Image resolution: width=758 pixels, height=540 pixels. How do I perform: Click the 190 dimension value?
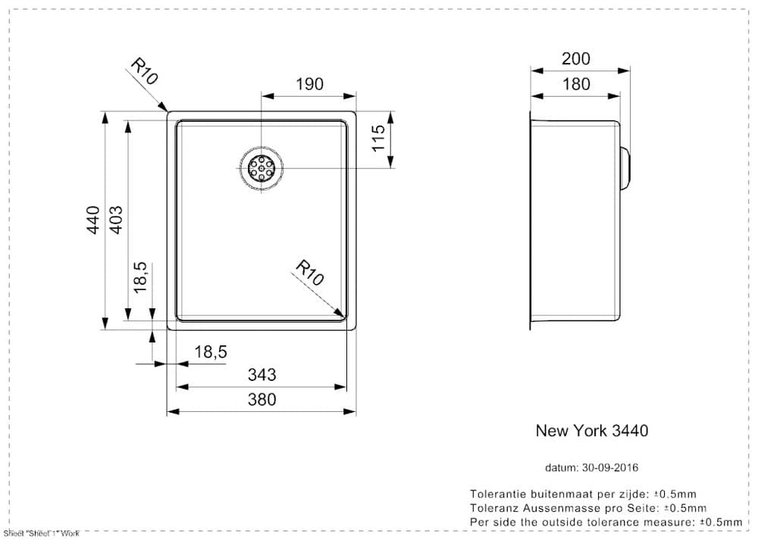coord(309,84)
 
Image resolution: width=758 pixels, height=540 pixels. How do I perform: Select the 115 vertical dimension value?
coord(379,139)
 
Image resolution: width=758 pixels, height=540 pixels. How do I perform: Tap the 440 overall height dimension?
coord(93,220)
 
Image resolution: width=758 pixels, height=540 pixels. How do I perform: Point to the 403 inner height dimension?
coord(116,220)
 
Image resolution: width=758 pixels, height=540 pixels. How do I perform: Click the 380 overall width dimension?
coord(262,399)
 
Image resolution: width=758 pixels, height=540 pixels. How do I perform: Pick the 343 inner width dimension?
coord(262,374)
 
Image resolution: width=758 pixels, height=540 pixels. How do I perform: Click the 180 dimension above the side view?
coord(576,84)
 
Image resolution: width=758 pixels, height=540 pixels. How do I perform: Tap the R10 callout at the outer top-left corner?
coord(144,71)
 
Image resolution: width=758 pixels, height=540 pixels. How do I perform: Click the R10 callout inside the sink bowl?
coord(309,272)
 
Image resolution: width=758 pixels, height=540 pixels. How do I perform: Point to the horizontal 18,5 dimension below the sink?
coord(211,352)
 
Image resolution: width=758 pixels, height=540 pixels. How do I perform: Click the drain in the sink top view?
coord(262,168)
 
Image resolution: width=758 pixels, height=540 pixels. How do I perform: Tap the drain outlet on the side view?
coord(625,168)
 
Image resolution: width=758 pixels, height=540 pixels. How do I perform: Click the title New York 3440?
coord(591,430)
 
